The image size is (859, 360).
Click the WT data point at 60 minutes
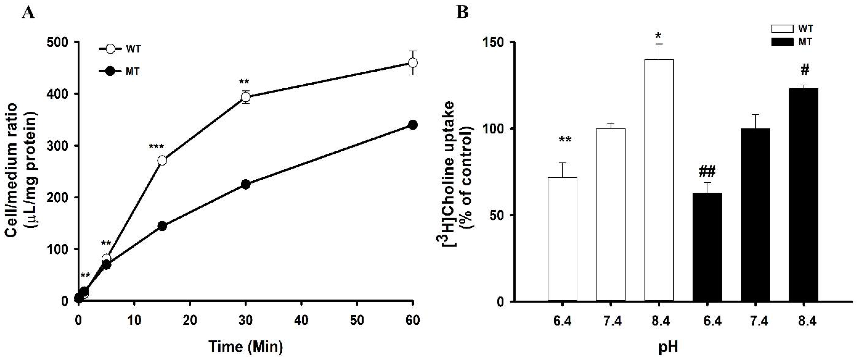pos(413,63)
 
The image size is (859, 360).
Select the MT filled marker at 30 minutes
pos(245,184)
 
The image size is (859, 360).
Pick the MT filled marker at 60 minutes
pos(413,125)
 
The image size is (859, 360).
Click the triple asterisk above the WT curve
pos(156,147)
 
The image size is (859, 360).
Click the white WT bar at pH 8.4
pos(659,180)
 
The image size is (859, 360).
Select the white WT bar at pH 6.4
pos(563,239)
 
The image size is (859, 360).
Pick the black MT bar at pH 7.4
pos(755,214)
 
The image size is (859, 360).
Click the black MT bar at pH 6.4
pos(707,247)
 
